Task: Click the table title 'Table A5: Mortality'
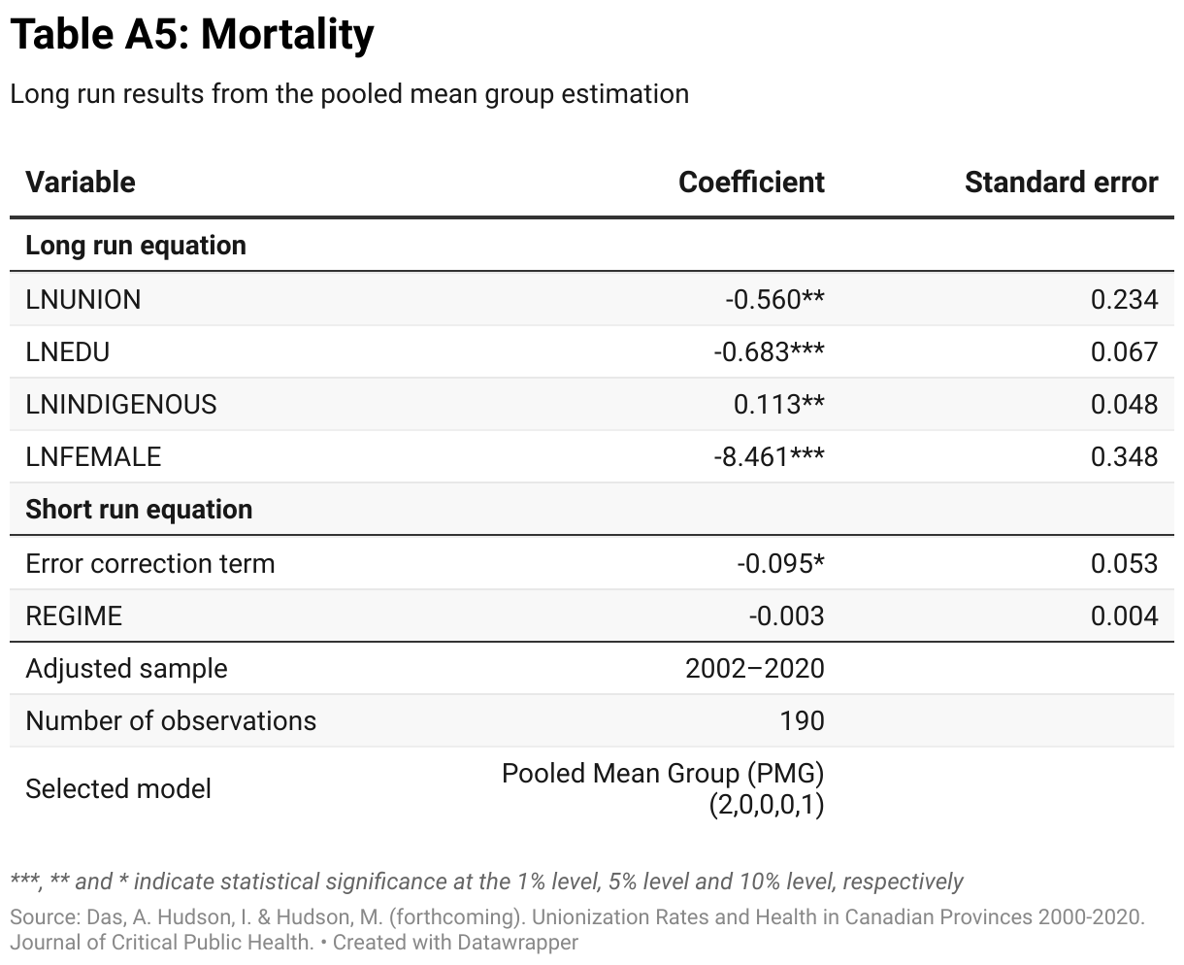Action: [x=191, y=36]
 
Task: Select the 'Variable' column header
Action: [x=81, y=183]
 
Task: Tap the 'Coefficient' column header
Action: [x=751, y=183]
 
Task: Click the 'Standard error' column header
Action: [x=1061, y=183]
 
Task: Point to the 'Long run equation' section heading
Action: [x=136, y=246]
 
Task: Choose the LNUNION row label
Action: [x=83, y=300]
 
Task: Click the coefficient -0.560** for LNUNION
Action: [x=773, y=300]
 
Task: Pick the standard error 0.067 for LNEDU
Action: [x=1124, y=352]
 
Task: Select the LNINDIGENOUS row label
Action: [x=121, y=405]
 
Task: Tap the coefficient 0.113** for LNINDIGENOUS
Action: [x=778, y=405]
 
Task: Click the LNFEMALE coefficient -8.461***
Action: [x=768, y=457]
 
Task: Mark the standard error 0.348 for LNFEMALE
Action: [x=1124, y=457]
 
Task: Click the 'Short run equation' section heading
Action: [x=139, y=510]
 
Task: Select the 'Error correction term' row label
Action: [x=150, y=564]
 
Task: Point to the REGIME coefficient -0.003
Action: [x=786, y=616]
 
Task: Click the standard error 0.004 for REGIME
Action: [x=1124, y=616]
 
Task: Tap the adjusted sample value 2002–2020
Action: [x=754, y=669]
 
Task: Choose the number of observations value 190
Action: [x=802, y=721]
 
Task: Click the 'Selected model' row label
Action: [x=118, y=789]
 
